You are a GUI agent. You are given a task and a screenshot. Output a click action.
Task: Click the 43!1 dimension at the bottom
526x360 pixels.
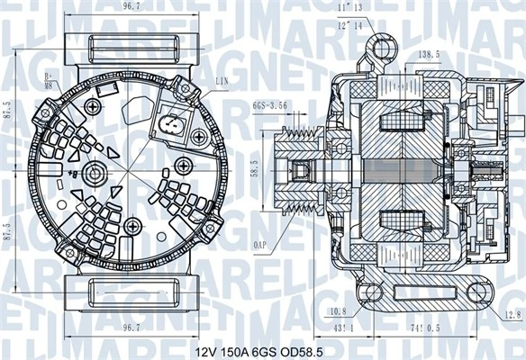[x=344, y=330]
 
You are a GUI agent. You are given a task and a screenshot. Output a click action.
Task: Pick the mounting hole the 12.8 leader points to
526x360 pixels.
[x=475, y=291]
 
